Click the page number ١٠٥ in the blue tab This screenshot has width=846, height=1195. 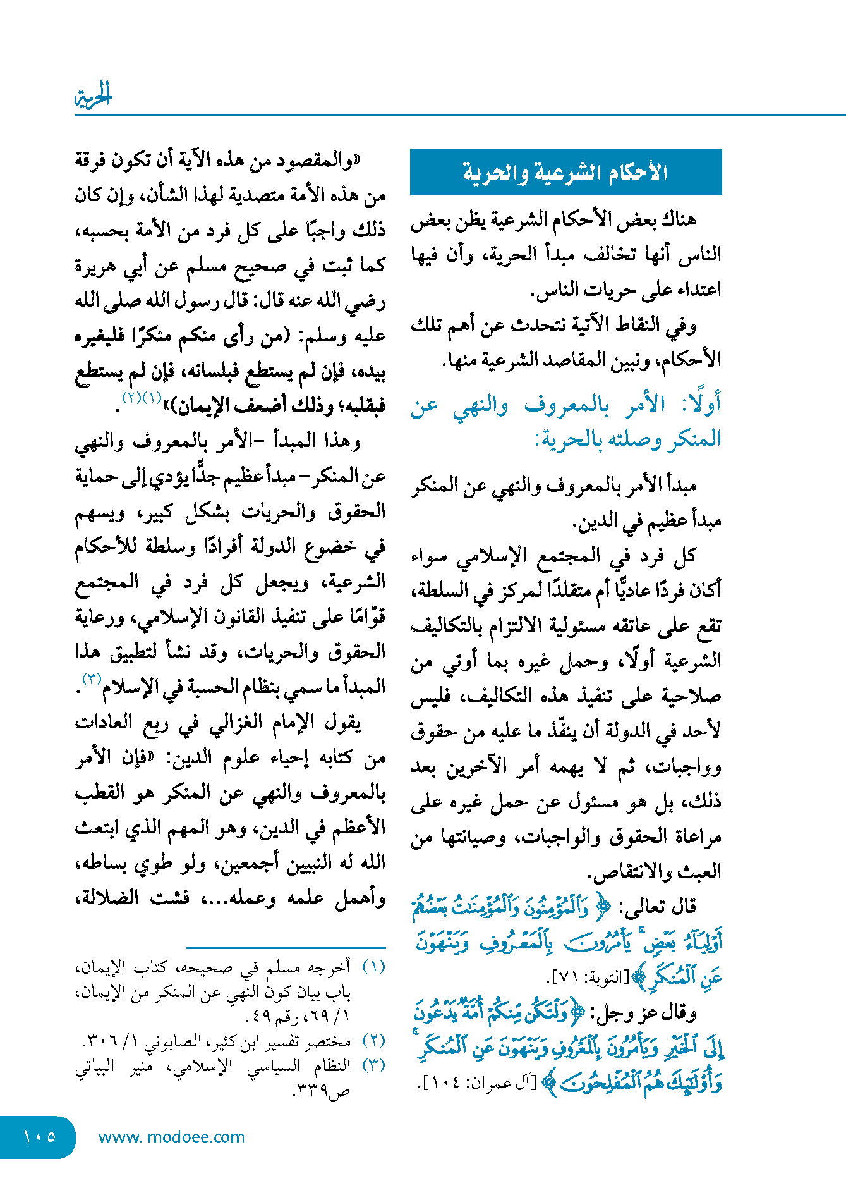pyautogui.click(x=39, y=1137)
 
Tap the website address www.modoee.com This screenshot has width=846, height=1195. pyautogui.click(x=171, y=1137)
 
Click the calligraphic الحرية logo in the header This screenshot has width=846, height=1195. pyautogui.click(x=93, y=96)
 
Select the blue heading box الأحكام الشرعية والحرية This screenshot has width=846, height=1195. pyautogui.click(x=565, y=173)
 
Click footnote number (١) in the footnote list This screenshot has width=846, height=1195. pyautogui.click(x=373, y=967)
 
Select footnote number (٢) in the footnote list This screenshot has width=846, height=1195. pyautogui.click(x=373, y=1041)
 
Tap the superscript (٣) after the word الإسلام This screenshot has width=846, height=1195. pyautogui.click(x=92, y=679)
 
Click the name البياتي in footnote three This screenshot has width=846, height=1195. pyautogui.click(x=95, y=1065)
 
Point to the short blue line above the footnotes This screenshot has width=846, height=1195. pyautogui.click(x=286, y=947)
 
